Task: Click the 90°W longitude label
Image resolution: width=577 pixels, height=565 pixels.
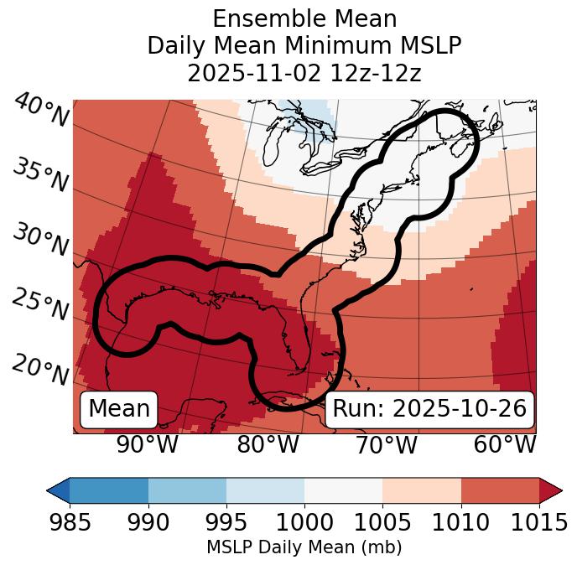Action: click(x=147, y=444)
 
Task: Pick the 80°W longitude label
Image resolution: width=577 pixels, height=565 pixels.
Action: click(x=268, y=444)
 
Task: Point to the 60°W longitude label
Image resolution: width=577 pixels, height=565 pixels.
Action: click(x=505, y=444)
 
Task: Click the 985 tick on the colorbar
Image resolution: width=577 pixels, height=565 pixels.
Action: click(x=70, y=522)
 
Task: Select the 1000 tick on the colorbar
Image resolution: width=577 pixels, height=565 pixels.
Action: click(x=304, y=522)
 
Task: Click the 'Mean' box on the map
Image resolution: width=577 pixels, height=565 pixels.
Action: click(x=119, y=409)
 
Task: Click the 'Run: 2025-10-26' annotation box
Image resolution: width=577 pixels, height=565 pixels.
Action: click(x=429, y=409)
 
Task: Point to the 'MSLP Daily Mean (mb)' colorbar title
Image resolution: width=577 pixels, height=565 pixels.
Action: click(x=304, y=548)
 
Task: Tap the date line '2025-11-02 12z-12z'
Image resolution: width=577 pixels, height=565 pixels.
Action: click(x=304, y=73)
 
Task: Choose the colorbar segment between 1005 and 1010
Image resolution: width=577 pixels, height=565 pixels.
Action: click(x=422, y=490)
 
